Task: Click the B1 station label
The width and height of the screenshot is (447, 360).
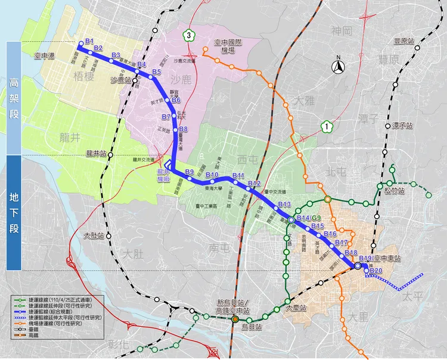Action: pyautogui.click(x=90, y=41)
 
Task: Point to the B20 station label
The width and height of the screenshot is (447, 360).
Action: pyautogui.click(x=375, y=272)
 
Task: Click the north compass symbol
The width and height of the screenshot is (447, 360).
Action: pyautogui.click(x=337, y=66)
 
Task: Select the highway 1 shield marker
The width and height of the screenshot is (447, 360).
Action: pyautogui.click(x=326, y=126)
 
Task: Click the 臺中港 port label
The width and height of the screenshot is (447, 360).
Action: pyautogui.click(x=45, y=55)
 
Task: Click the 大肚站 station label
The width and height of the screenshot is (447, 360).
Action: pyautogui.click(x=94, y=235)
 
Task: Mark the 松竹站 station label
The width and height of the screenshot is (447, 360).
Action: pyautogui.click(x=394, y=191)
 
